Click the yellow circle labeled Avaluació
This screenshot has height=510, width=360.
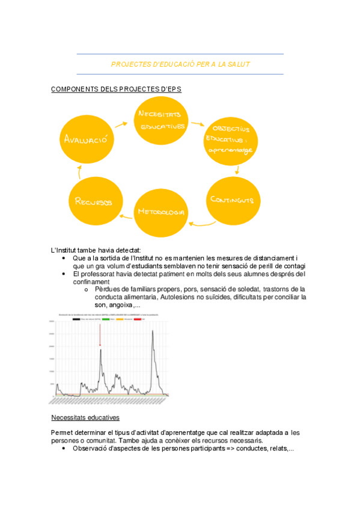coord(86,140)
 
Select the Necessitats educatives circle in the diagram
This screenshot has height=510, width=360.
coord(161,120)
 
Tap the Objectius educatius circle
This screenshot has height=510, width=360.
coord(231,143)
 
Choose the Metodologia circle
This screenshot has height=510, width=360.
coord(160,212)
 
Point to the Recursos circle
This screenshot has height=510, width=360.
coord(94,202)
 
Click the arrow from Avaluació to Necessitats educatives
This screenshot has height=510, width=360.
coord(120,124)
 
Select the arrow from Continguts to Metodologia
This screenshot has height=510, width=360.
coord(197,224)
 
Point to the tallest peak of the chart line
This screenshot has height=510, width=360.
coord(152,331)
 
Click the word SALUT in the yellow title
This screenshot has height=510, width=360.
coord(239,64)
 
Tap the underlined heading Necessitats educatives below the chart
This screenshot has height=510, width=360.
coord(85,417)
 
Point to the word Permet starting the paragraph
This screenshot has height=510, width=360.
coord(62,432)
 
